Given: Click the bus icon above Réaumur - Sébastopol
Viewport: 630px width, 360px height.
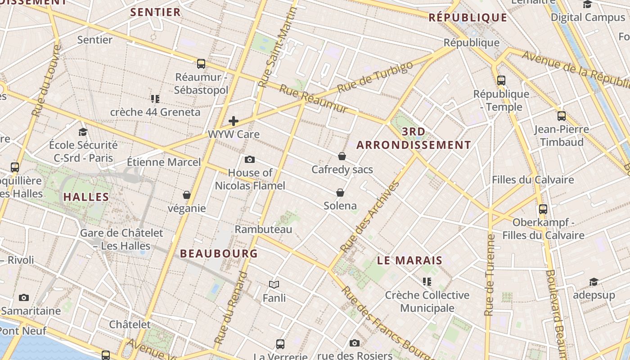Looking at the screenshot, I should click(x=201, y=64).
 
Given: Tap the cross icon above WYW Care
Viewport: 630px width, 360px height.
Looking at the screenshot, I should click(x=234, y=121).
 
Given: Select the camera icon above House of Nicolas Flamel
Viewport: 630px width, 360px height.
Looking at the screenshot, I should click(x=250, y=159).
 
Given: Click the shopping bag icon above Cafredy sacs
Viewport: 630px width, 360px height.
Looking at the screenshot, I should click(x=342, y=156).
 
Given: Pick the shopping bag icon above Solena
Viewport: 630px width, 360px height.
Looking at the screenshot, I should click(x=340, y=193).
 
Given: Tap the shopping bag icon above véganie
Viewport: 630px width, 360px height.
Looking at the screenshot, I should click(x=187, y=195).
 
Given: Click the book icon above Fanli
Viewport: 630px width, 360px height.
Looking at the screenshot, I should click(x=274, y=284).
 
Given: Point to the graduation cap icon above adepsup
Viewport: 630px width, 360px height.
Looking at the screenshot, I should click(x=594, y=282).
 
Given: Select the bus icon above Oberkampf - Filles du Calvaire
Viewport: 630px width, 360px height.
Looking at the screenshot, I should click(x=543, y=209).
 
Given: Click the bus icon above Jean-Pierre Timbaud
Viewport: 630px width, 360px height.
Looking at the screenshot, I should click(x=562, y=116).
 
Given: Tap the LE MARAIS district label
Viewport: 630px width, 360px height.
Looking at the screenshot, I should click(x=409, y=261).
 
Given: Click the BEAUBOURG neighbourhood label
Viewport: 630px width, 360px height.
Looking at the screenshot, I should click(x=219, y=253).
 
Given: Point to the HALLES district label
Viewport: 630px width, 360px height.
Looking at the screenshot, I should click(x=86, y=197).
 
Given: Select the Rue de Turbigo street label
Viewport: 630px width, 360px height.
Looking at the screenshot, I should click(x=374, y=77).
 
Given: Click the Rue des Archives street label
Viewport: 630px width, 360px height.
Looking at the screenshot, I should click(x=370, y=217).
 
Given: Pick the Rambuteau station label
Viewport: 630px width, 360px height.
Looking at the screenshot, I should click(x=263, y=229).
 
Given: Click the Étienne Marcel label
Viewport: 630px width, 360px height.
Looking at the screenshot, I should click(x=164, y=162).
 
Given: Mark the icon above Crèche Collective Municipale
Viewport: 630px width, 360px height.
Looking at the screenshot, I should click(x=427, y=282).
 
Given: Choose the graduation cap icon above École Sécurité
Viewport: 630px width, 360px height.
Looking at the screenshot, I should click(x=83, y=132).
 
